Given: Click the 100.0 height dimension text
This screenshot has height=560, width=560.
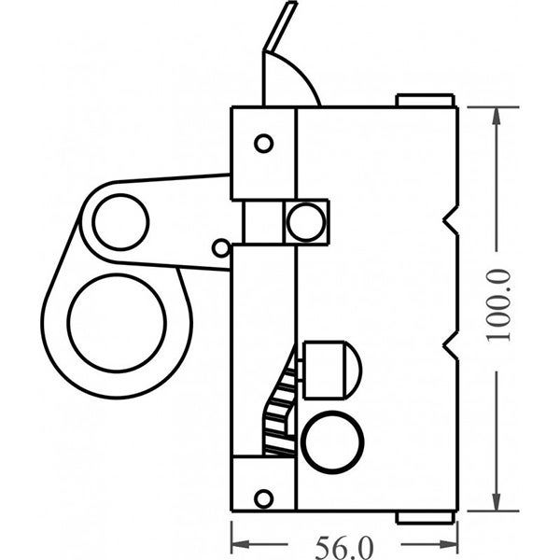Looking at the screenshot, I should (505, 306).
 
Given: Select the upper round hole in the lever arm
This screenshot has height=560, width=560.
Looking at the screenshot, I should (121, 223).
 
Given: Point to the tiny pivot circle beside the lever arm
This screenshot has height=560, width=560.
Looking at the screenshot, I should (221, 247).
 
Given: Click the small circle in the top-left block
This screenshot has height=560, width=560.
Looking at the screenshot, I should (263, 143).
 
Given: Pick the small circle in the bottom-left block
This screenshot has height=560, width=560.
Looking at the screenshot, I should (263, 497).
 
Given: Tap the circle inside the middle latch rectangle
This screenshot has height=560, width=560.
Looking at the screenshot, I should (303, 222).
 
